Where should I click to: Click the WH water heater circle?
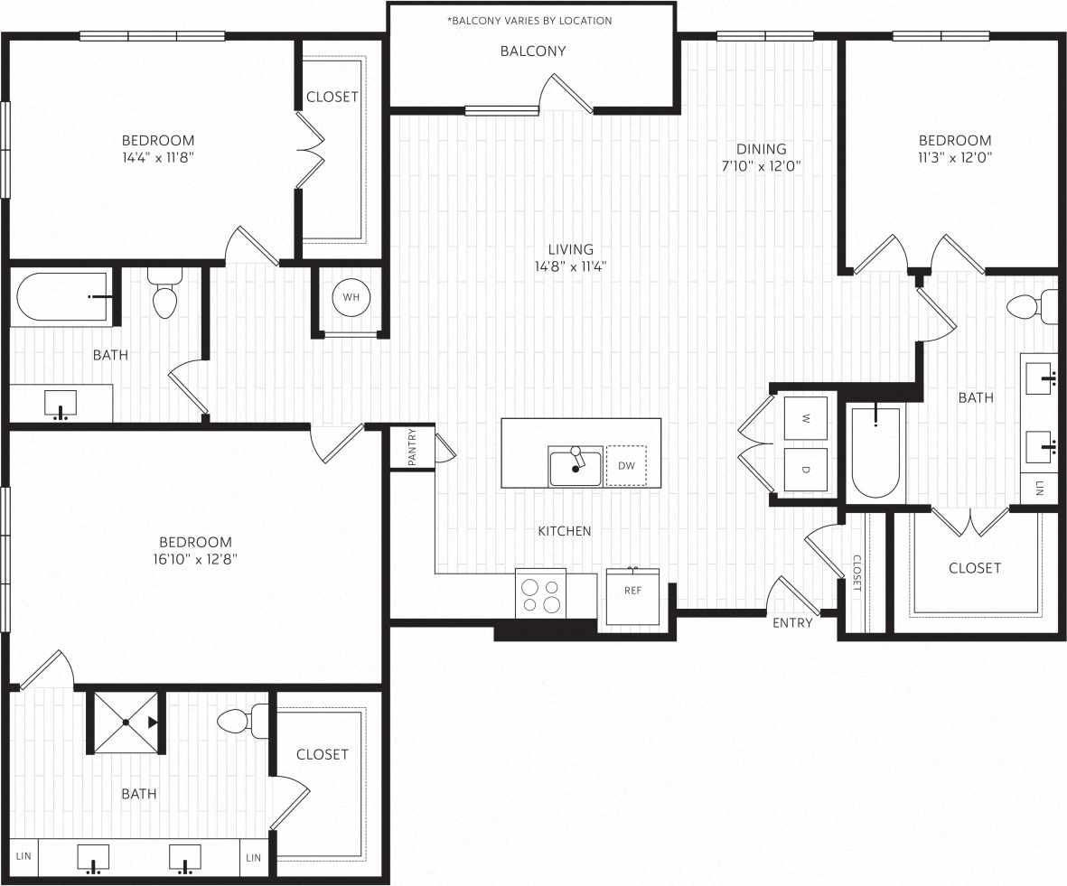(x=351, y=296)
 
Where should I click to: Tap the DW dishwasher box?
(x=626, y=466)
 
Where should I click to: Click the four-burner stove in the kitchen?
(x=540, y=594)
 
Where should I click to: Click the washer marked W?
(x=805, y=418)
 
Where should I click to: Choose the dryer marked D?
(x=805, y=470)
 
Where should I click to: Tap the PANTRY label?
(x=412, y=447)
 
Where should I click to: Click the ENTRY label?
(x=792, y=622)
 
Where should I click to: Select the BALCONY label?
(x=533, y=51)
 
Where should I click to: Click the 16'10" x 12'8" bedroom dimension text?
(x=196, y=559)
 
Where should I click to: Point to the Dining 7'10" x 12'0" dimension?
(x=761, y=165)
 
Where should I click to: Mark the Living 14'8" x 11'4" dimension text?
(x=571, y=266)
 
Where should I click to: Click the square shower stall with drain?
(x=126, y=723)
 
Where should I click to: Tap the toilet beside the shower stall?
(x=239, y=721)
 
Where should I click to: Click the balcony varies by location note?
(x=529, y=20)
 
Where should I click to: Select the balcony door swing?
(x=566, y=95)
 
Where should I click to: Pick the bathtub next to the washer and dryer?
(x=876, y=452)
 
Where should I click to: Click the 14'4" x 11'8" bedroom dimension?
(x=158, y=157)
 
